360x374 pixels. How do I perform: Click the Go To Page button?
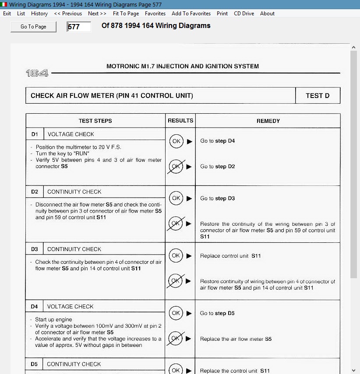[x=33, y=27]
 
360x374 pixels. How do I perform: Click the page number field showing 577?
[x=79, y=27]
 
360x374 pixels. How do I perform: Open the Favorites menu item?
[x=155, y=14]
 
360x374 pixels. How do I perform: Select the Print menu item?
[x=222, y=14]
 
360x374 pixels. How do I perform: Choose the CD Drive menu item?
[x=244, y=14]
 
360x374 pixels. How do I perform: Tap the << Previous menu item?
[x=68, y=14]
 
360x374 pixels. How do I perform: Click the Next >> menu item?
[x=97, y=14]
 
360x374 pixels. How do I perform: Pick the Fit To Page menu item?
[x=126, y=14]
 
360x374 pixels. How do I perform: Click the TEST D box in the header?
[x=318, y=96]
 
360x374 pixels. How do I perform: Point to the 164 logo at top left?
[x=37, y=73]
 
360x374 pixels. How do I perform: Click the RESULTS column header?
[x=180, y=121]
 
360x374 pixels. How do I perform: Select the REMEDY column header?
[x=268, y=121]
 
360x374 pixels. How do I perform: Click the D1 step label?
[x=35, y=134]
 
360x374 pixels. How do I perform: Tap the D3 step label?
[x=35, y=249]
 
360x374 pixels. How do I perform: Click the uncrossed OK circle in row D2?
[x=176, y=198]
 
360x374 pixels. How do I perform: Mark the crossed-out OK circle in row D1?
[x=176, y=167]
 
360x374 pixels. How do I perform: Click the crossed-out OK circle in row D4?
[x=176, y=339]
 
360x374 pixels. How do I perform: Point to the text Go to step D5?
[x=217, y=313]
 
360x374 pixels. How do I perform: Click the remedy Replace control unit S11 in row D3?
[x=230, y=256]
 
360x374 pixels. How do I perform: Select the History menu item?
[x=39, y=14]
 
